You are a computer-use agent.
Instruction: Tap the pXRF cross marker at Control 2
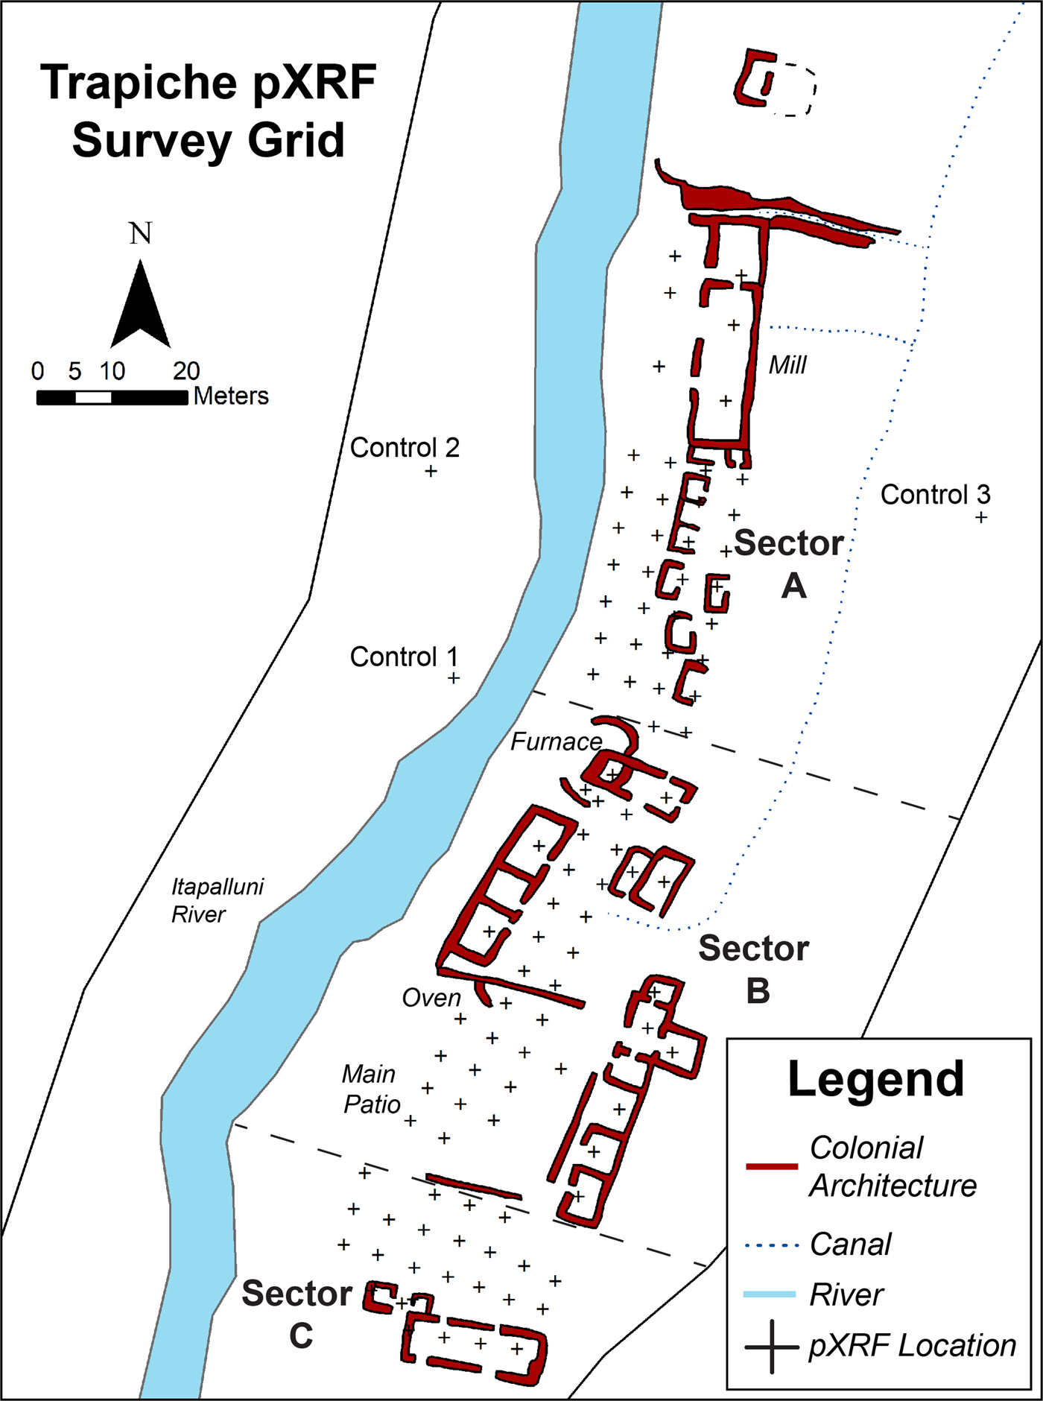coord(431,471)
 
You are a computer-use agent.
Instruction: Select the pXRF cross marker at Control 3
coord(982,517)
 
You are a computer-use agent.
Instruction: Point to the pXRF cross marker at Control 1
coord(453,678)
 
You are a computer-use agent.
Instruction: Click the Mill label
coord(787,365)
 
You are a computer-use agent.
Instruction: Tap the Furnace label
coord(556,742)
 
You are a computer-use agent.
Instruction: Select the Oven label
coord(431,998)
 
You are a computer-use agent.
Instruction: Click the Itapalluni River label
coord(217,900)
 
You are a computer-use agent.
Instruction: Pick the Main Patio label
coord(371,1089)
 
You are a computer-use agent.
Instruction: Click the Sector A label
coord(790,563)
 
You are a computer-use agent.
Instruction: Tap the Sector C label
coord(298,1315)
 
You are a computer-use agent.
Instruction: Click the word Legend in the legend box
coord(876,1079)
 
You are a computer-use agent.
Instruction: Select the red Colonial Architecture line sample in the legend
coord(772,1166)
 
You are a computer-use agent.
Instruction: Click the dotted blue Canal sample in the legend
coord(772,1245)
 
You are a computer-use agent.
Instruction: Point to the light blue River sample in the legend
coord(770,1295)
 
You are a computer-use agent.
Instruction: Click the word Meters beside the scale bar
coord(231,396)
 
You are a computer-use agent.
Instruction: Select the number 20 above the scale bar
coord(186,370)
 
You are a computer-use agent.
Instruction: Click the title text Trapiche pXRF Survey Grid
coord(208,111)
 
